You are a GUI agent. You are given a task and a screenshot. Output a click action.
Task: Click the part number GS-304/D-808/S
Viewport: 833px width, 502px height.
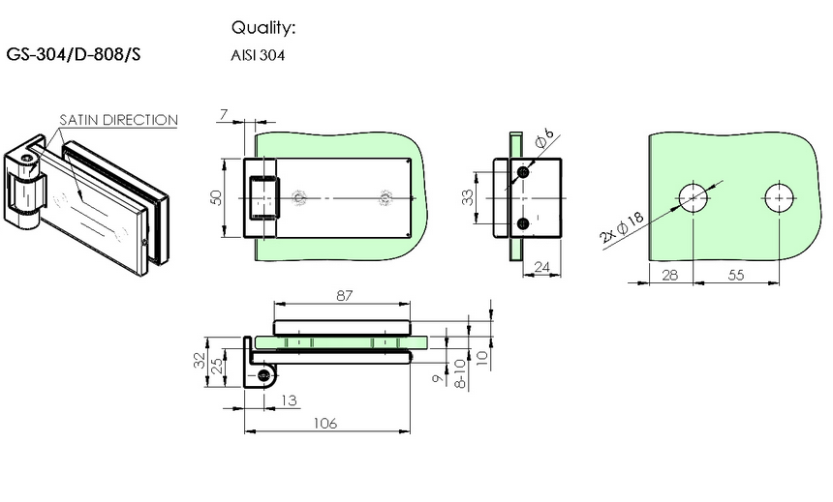(x=74, y=55)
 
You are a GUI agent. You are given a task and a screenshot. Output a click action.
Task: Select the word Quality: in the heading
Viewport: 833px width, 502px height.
(x=262, y=27)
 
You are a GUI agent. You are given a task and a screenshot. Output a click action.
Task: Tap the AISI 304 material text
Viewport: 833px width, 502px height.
(x=258, y=55)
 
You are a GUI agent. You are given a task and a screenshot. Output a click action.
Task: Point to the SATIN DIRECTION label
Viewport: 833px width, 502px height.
(x=118, y=120)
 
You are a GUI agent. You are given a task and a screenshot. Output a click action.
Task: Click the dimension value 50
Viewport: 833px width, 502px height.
(x=216, y=197)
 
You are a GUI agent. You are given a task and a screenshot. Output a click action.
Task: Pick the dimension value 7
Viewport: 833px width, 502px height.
(x=224, y=115)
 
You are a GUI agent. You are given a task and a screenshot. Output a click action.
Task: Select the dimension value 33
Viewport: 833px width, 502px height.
(x=467, y=197)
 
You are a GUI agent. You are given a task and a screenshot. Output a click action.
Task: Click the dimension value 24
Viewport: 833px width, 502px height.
(x=541, y=267)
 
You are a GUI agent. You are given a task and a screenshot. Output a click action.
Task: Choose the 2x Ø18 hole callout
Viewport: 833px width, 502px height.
(x=622, y=227)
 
